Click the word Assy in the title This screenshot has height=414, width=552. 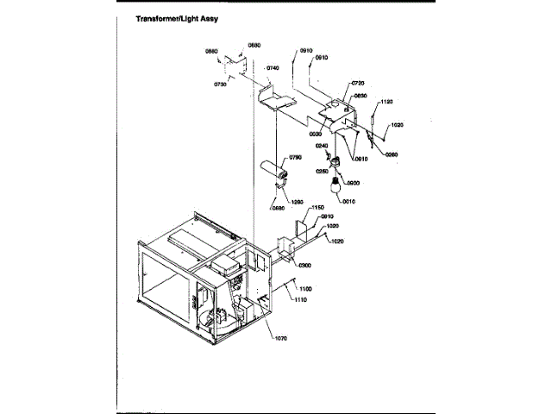[x=214, y=17]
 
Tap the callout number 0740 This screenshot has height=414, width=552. [x=273, y=67]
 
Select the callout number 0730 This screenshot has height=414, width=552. [x=220, y=85]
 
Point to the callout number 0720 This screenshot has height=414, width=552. [x=358, y=84]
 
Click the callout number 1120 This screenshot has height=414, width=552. [x=386, y=102]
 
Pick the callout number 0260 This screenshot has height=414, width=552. [x=392, y=154]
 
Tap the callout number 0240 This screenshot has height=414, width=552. [x=321, y=146]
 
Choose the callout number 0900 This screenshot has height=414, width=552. [x=353, y=183]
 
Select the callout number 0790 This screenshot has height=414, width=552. [x=295, y=157]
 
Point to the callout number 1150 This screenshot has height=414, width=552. [x=317, y=208]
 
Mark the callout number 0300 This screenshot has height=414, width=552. [x=304, y=265]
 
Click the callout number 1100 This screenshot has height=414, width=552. [x=305, y=287]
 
